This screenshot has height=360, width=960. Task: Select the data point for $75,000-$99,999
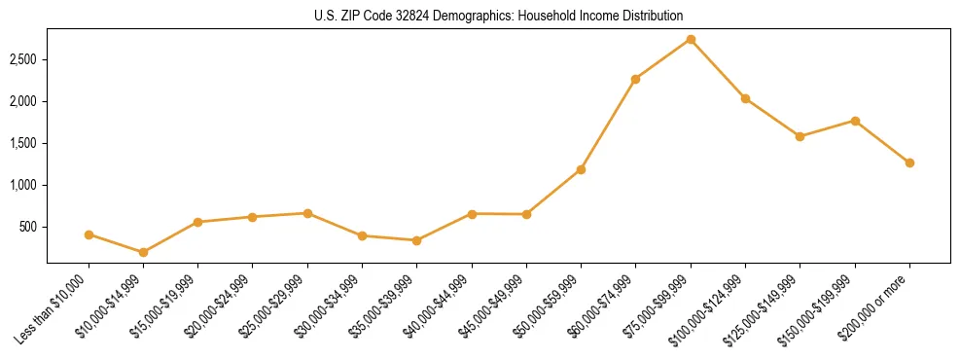pos(691,40)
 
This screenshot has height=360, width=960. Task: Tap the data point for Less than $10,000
pos(89,234)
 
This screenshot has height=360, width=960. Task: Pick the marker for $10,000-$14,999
pos(143,252)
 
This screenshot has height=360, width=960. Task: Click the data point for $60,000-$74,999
pos(635,79)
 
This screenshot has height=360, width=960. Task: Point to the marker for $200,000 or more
pos(909,162)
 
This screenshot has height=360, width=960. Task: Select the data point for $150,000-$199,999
pos(855,121)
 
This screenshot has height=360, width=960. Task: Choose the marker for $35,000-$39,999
pos(416,240)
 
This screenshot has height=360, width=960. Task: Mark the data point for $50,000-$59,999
pos(581,169)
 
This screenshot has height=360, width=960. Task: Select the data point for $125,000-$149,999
pos(800,136)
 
